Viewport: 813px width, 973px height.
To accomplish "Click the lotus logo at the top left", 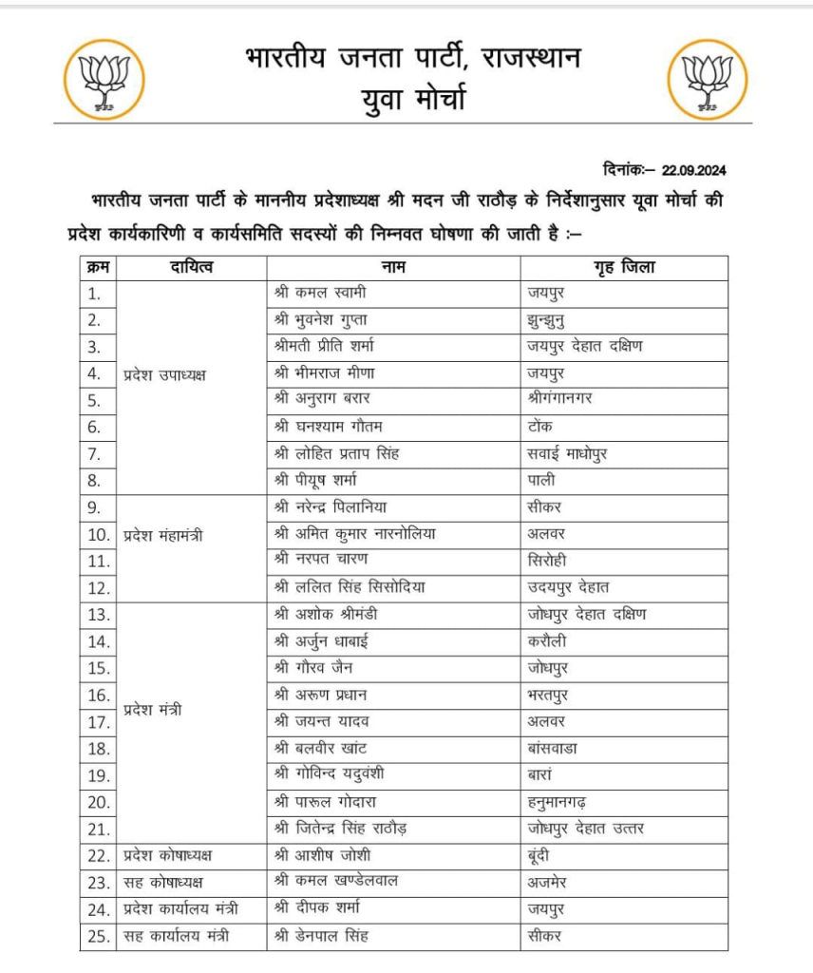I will pos(104,79).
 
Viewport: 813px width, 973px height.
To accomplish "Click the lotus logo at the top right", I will pos(708,79).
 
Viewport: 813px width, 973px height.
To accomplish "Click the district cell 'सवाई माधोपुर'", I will pos(567,454).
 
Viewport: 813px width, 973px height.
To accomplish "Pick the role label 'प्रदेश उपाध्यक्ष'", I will pos(165,374).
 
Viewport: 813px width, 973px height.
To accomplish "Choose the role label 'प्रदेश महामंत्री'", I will pos(164,535).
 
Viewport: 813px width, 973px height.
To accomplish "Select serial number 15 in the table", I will pos(99,668).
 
